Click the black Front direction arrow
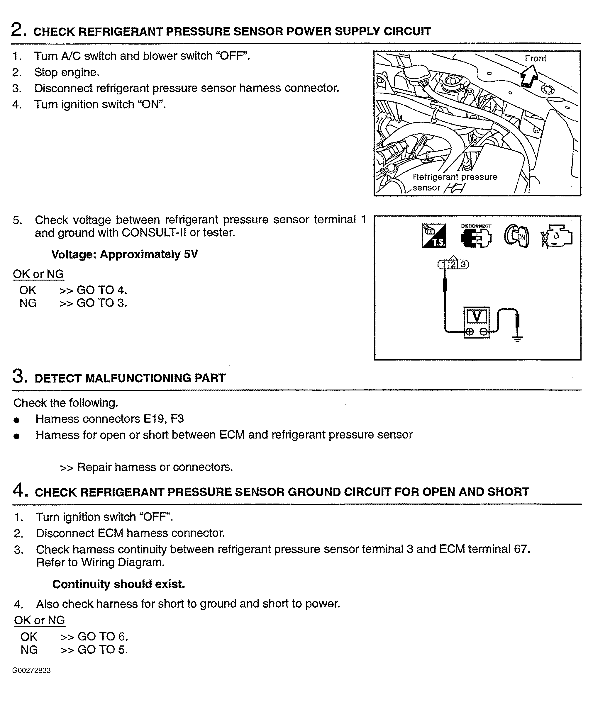[528, 76]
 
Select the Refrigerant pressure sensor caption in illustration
[455, 182]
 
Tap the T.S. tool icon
[434, 236]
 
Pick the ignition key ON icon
[516, 236]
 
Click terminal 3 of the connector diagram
[463, 264]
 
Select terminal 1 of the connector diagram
[443, 264]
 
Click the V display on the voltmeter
[476, 316]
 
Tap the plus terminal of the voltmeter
[470, 332]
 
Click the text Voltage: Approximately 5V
[124, 254]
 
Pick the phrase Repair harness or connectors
[155, 467]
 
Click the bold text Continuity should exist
[119, 584]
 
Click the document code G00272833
[31, 671]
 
